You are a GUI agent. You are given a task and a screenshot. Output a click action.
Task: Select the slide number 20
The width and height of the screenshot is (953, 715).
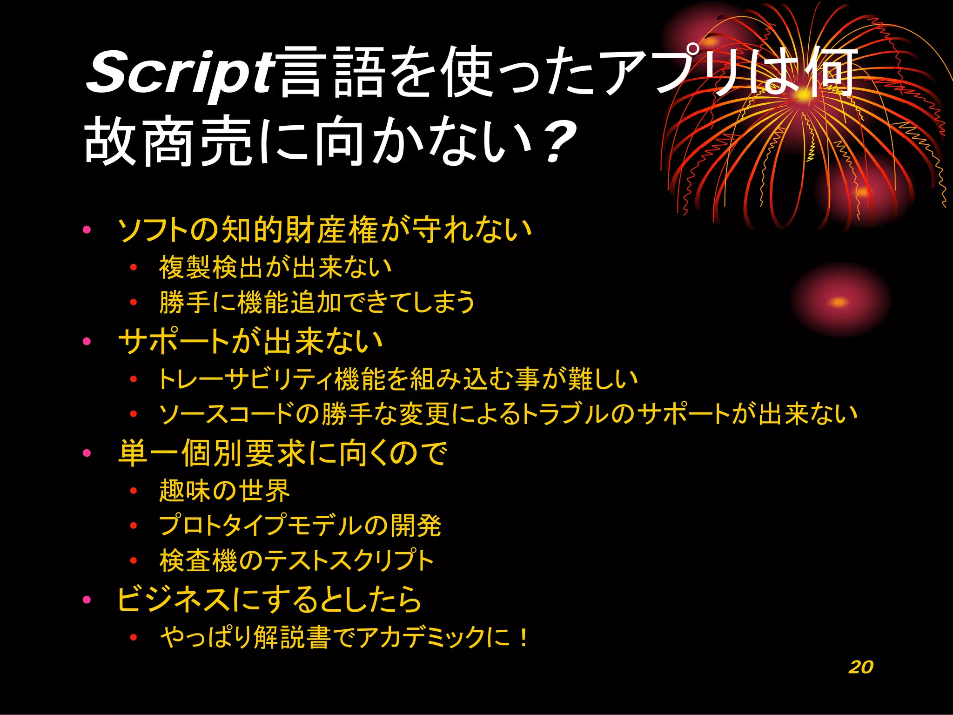pos(861,667)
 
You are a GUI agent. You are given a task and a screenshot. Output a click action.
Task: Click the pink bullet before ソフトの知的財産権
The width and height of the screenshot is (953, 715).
pos(87,229)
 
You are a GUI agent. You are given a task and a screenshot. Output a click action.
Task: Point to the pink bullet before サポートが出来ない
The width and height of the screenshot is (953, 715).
pos(87,341)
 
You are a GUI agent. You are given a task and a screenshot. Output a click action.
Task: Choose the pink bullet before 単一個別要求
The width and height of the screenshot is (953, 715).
pos(87,453)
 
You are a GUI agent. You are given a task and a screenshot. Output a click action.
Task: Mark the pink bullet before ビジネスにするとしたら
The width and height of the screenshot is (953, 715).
pos(87,600)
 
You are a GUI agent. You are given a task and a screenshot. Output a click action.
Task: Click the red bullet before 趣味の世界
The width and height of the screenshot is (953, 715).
pos(134,491)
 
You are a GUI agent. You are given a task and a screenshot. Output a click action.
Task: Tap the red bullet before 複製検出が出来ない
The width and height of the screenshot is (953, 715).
pos(134,267)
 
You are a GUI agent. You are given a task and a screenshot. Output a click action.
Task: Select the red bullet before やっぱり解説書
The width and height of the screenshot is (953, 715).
pos(134,637)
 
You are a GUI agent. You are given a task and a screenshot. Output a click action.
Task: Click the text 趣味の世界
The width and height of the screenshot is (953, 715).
pos(224,491)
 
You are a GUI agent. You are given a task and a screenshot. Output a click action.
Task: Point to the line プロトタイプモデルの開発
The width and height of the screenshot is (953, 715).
pos(300,526)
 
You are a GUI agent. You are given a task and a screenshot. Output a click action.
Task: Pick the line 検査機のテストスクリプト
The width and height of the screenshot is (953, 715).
pos(296,560)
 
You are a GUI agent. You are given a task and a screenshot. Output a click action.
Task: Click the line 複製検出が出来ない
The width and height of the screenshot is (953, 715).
pos(275,267)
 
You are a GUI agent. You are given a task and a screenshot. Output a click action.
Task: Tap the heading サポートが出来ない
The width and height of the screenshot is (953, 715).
pos(251,341)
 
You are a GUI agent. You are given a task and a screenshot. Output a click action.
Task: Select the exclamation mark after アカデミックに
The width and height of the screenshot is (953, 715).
pos(524,637)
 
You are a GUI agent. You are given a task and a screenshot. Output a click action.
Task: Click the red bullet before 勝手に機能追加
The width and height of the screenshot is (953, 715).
pos(134,302)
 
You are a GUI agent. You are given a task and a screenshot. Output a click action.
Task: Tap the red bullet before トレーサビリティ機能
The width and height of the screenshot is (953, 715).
pos(134,379)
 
